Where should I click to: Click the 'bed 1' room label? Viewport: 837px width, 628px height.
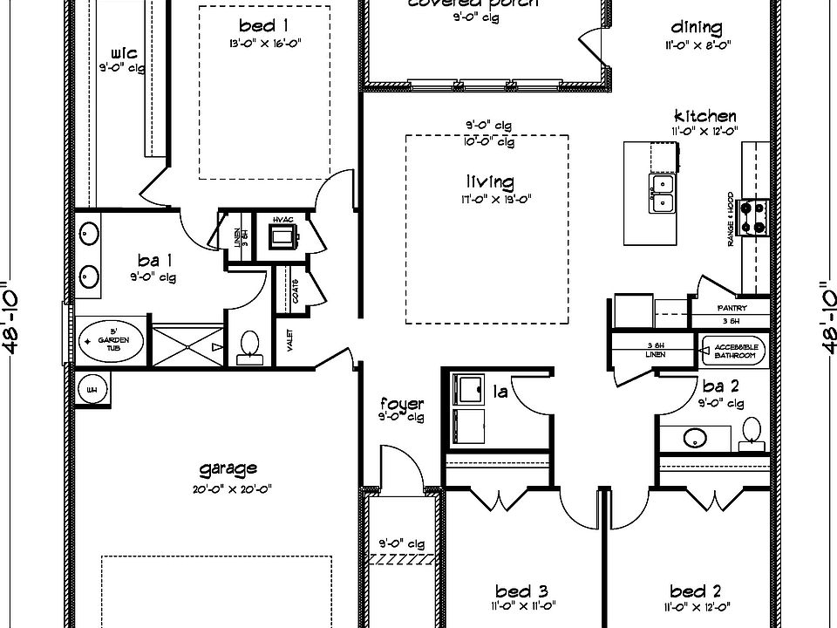(x=258, y=25)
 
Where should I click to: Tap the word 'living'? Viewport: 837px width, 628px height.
(x=489, y=181)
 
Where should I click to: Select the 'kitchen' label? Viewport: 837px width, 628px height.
(x=704, y=116)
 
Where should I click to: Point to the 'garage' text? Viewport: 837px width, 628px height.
(x=228, y=469)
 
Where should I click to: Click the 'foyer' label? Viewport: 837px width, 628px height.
(x=402, y=404)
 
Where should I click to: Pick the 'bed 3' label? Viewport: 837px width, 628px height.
(x=521, y=590)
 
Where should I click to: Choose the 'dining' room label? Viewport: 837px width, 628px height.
(x=697, y=27)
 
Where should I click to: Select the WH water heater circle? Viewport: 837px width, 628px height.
(x=92, y=389)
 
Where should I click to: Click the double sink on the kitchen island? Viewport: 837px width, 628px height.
(x=662, y=192)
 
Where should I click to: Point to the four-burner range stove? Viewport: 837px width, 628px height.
(x=752, y=217)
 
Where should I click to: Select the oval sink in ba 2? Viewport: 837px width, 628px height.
(x=696, y=436)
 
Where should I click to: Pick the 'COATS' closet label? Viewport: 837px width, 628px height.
(x=295, y=290)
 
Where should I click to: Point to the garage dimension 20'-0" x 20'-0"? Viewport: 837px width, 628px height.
(x=228, y=489)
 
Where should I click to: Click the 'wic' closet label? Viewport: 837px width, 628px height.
(x=124, y=54)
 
